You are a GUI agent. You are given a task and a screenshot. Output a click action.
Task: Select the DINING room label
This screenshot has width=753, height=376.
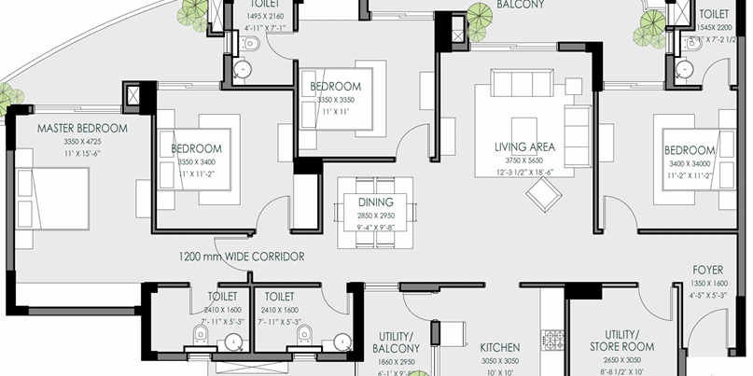pyautogui.click(x=375, y=202)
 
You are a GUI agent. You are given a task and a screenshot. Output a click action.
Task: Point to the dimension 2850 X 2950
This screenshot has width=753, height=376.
pyautogui.click(x=375, y=215)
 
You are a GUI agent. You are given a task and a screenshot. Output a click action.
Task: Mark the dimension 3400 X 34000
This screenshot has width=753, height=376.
pyautogui.click(x=690, y=163)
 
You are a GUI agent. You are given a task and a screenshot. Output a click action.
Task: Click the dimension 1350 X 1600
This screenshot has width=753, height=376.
pyautogui.click(x=708, y=283)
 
